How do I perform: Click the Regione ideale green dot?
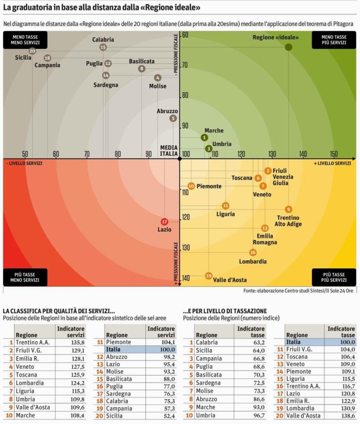(288, 47)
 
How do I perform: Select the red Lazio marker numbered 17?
(164, 222)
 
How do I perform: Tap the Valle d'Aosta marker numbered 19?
(208, 276)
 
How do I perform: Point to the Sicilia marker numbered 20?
(32, 51)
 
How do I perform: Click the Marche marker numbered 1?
(204, 137)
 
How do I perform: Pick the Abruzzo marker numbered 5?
(173, 118)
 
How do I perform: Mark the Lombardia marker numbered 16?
(253, 252)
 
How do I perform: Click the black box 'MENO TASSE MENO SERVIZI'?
(21, 40)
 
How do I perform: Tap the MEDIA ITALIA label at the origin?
(169, 151)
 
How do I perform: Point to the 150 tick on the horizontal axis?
(334, 154)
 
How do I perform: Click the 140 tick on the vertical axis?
(185, 278)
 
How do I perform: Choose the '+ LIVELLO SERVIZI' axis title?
(332, 163)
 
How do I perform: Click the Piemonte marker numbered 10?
(191, 186)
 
